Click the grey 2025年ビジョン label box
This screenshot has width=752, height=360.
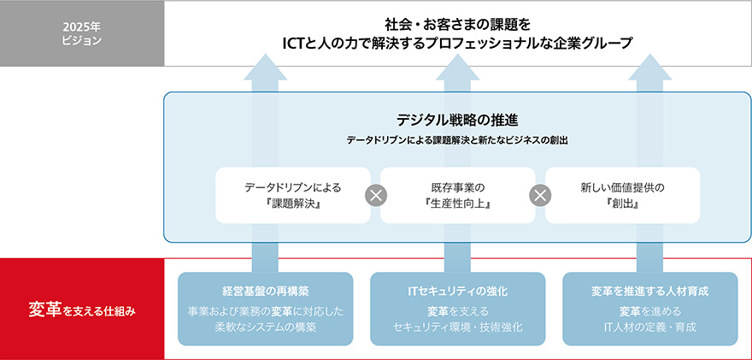82,33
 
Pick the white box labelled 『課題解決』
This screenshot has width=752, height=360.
293,195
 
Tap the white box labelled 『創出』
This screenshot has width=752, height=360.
622,195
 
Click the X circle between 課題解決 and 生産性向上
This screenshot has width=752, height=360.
376,195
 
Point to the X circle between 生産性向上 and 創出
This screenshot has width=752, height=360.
539,195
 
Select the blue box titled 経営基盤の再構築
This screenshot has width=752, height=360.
265,309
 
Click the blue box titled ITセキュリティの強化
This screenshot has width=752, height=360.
457,309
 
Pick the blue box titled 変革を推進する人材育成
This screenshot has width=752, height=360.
650,309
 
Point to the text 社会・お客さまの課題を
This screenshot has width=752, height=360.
457,22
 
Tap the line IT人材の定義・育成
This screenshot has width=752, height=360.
650,328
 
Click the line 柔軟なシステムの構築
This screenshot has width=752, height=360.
265,328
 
